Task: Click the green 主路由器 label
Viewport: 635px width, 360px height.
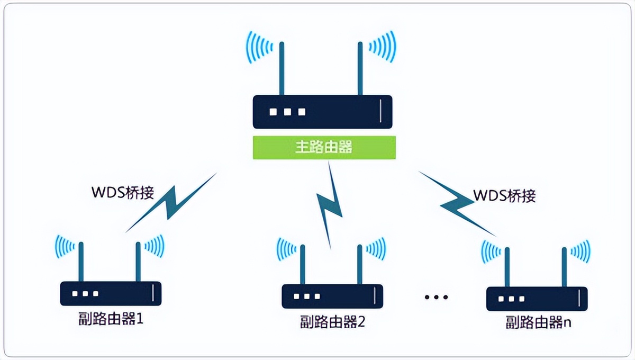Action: pyautogui.click(x=324, y=147)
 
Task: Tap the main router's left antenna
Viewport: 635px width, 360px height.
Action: pyautogui.click(x=282, y=69)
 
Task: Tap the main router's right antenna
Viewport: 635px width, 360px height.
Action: pyautogui.click(x=359, y=69)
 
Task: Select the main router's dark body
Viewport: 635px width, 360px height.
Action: pyautogui.click(x=323, y=112)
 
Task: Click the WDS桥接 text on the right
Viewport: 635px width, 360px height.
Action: pyautogui.click(x=504, y=195)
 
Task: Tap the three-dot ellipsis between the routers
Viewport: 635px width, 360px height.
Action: pyautogui.click(x=436, y=298)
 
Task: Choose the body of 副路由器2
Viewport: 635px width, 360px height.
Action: pyautogui.click(x=332, y=296)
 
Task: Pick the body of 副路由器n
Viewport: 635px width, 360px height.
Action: pyautogui.click(x=537, y=299)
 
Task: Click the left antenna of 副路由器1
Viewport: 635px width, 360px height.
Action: pyautogui.click(x=81, y=262)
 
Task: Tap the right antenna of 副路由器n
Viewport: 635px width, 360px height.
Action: pyautogui.click(x=565, y=266)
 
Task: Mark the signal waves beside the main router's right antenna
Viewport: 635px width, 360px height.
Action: pyautogui.click(x=382, y=46)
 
